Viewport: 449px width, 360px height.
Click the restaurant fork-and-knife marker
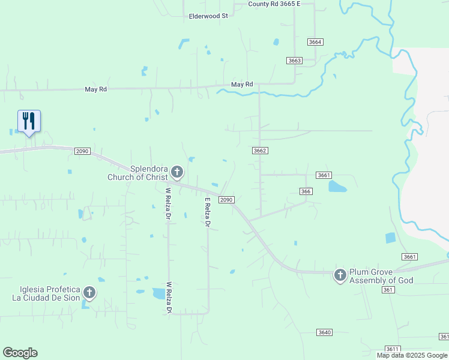pos(29,121)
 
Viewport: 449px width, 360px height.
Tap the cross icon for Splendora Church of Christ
pos(176,172)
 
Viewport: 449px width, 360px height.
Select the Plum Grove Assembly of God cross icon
pos(340,275)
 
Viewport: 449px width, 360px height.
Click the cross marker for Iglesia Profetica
pos(89,293)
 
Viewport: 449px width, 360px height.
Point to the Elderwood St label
pos(208,16)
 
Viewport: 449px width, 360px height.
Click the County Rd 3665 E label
pos(274,4)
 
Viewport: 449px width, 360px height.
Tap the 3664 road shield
pos(315,42)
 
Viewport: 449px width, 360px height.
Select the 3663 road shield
pos(294,61)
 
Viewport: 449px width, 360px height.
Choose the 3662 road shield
pos(259,151)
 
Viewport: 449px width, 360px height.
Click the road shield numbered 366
pos(306,191)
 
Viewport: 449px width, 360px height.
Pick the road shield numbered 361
pos(388,290)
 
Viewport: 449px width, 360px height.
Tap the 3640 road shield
pos(324,332)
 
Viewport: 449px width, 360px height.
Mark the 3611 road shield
pos(393,349)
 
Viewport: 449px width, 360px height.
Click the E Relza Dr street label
pos(208,212)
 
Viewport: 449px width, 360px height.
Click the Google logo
pos(20,353)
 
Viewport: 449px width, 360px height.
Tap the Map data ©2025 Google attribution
pos(411,355)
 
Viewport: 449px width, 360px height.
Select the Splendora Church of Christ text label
pos(137,173)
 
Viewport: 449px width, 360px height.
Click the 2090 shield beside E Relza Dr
pos(226,199)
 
